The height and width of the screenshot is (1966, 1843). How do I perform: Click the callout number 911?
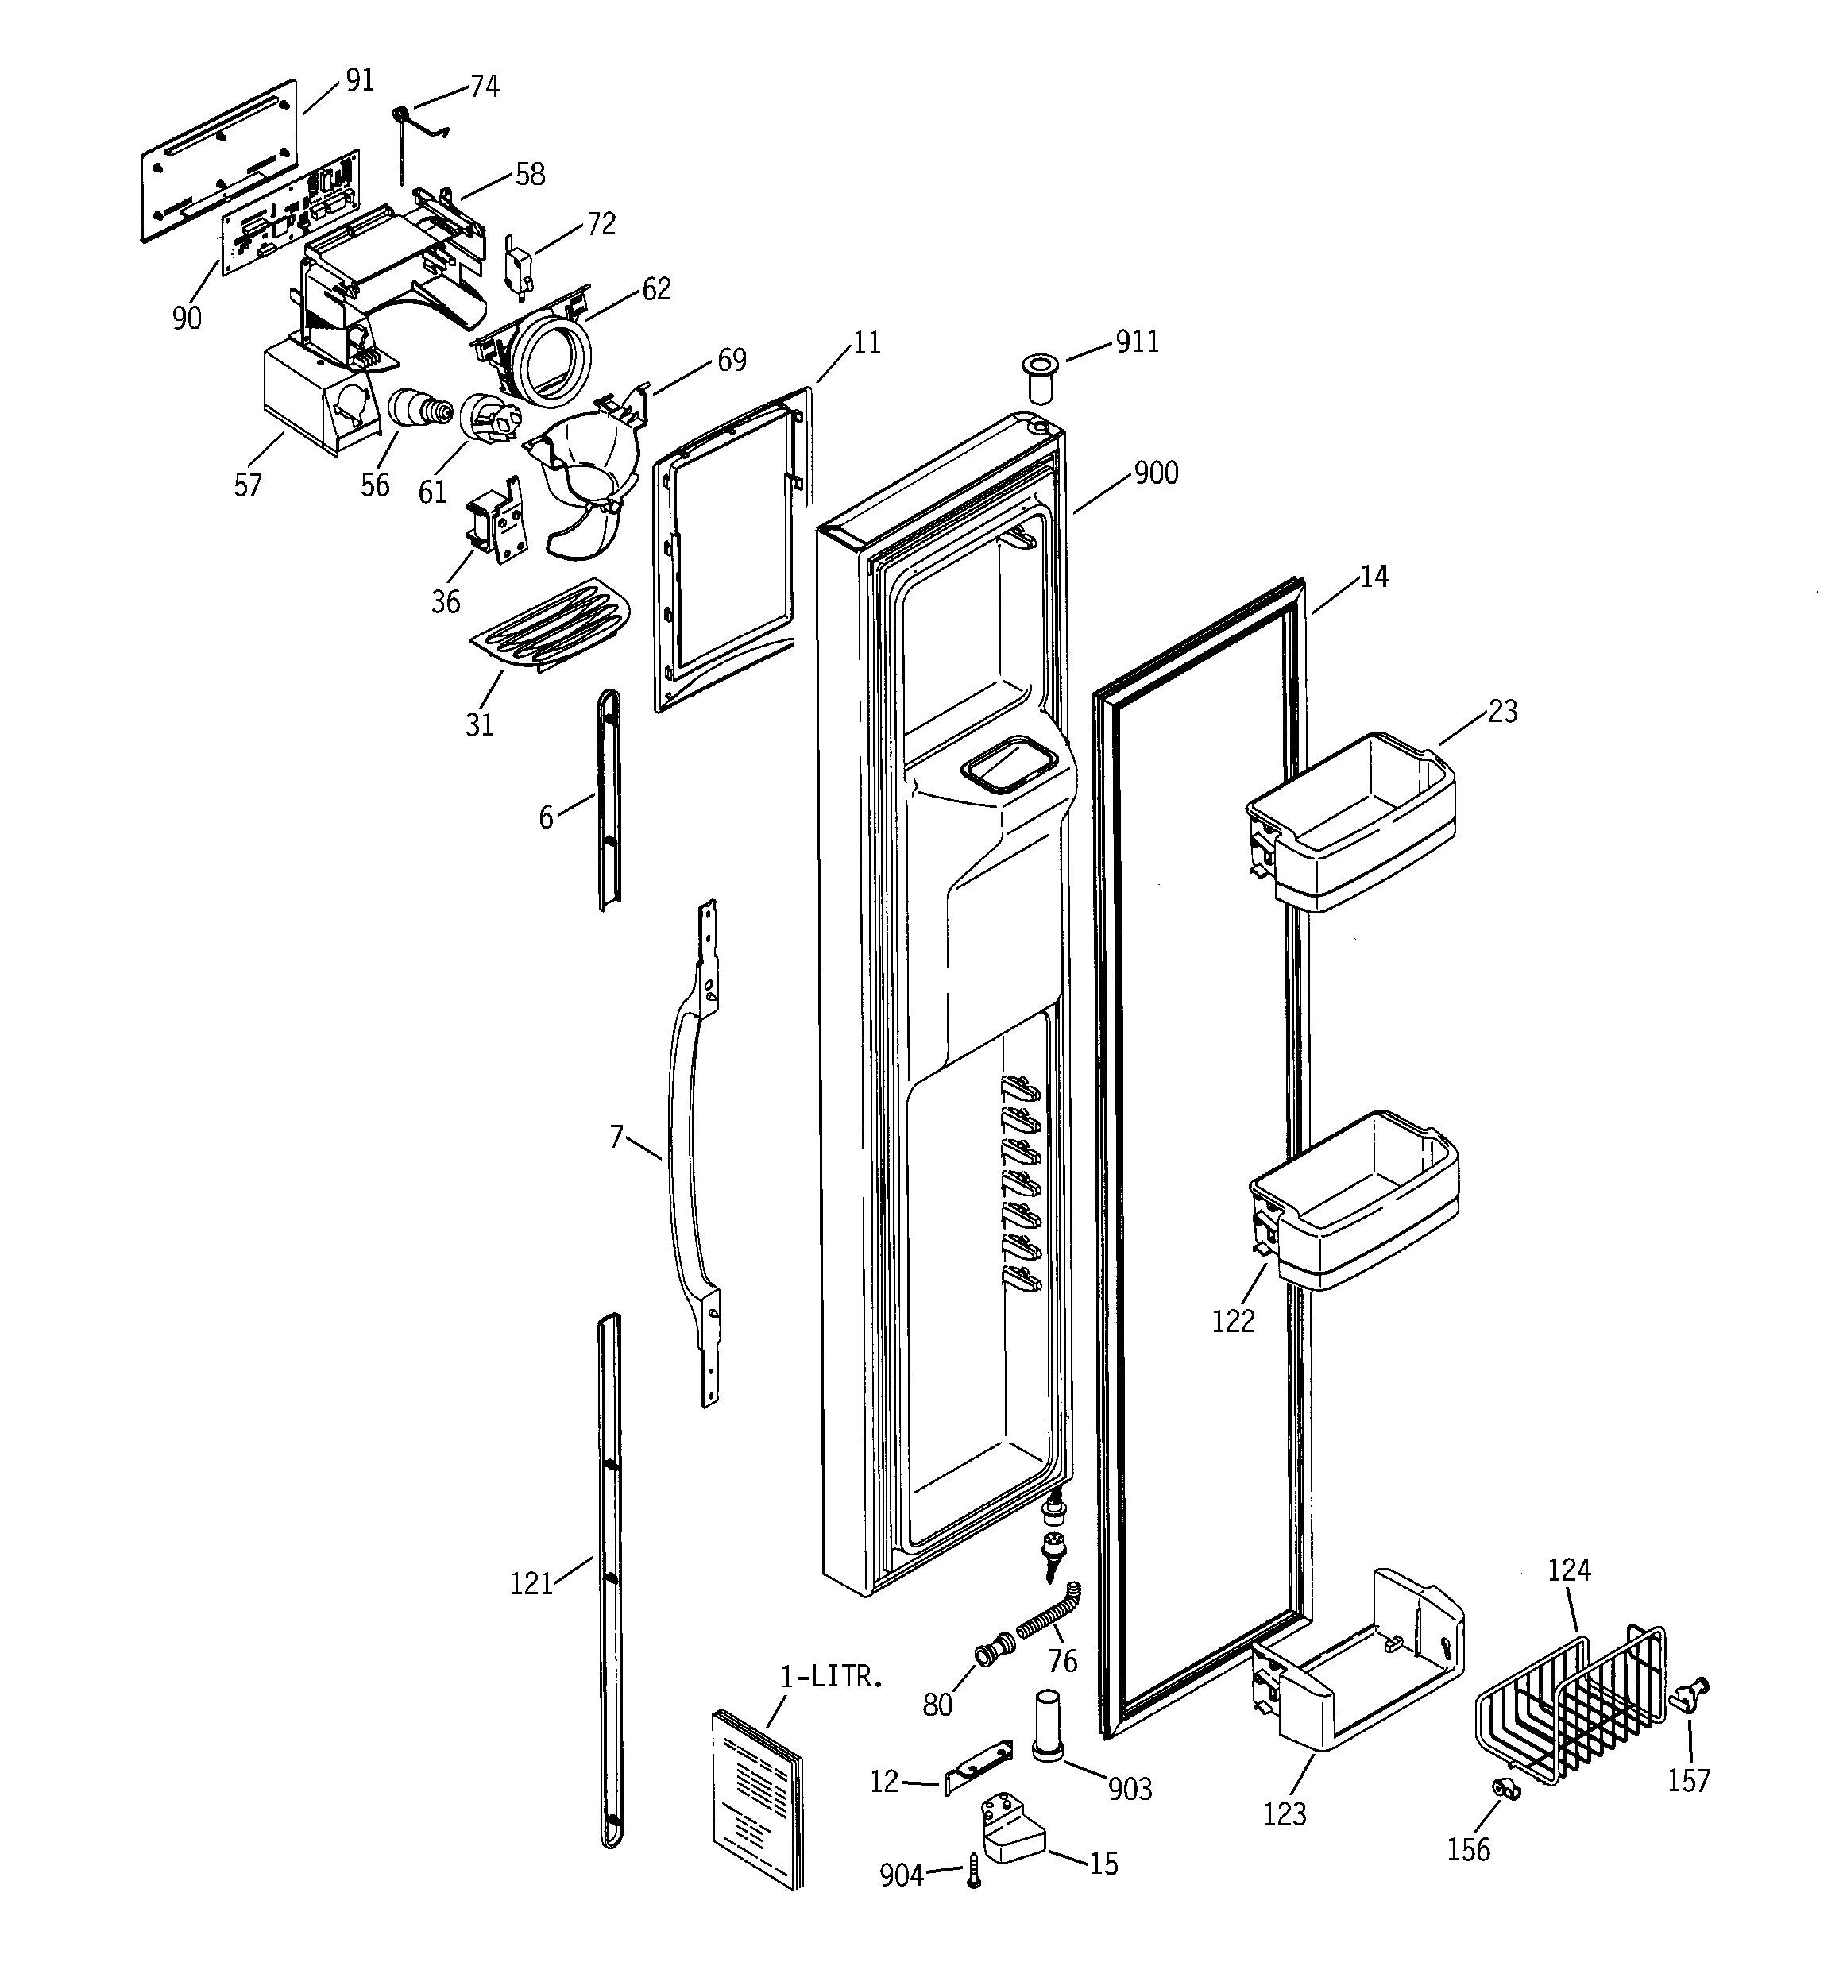(x=1137, y=342)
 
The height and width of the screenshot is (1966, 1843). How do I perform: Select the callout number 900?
(x=1156, y=473)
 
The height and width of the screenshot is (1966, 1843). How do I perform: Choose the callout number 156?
(x=1468, y=1848)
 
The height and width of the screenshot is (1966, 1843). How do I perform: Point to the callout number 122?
(x=1233, y=1321)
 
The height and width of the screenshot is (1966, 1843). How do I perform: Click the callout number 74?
(x=484, y=87)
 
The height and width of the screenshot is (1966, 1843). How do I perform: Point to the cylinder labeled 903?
(x=1049, y=1725)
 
